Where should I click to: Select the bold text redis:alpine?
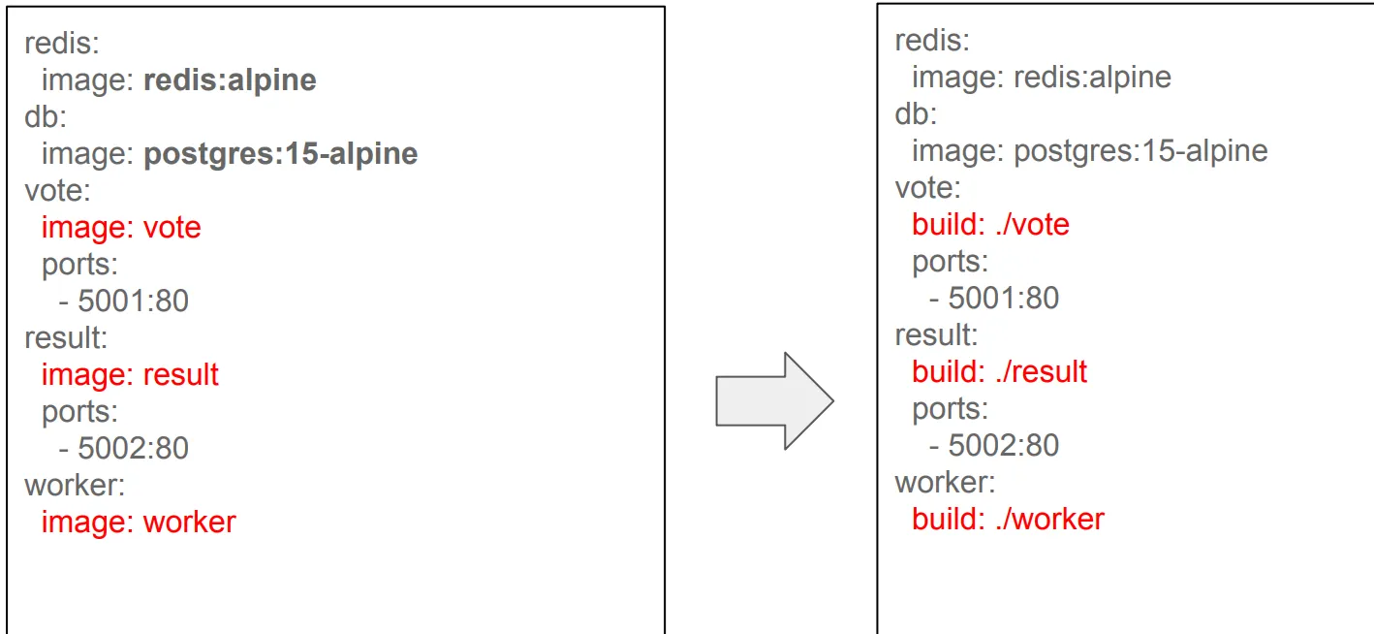(x=230, y=79)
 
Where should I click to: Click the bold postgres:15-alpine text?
(x=280, y=153)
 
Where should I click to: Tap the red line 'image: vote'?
(x=121, y=227)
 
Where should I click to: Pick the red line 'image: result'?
(x=130, y=374)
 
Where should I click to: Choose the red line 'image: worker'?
(x=139, y=522)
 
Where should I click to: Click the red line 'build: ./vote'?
(x=990, y=224)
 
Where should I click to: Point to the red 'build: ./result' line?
(x=999, y=371)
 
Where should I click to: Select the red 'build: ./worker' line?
(x=1008, y=519)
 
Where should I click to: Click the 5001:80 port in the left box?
(x=133, y=301)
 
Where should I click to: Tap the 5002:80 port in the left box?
(x=133, y=448)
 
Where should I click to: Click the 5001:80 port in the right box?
(x=1003, y=298)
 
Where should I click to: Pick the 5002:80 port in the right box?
(x=1003, y=445)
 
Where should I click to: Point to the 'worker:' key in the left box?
(x=75, y=485)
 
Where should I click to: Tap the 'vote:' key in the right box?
(x=927, y=187)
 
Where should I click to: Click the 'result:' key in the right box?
(x=936, y=334)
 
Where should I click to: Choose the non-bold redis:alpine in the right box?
(x=1092, y=77)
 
